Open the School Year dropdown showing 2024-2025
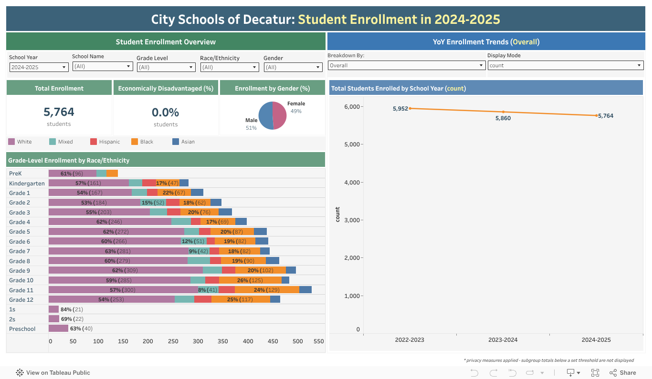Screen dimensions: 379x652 [39, 67]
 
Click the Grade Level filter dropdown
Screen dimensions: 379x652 [166, 67]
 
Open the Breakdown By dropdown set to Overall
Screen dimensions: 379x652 [406, 65]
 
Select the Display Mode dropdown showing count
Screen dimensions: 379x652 [565, 65]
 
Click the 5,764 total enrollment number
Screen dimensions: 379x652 [59, 112]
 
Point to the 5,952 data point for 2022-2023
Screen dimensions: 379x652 [410, 108]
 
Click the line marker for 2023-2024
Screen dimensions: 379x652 [503, 112]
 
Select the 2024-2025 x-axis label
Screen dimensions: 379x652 [596, 340]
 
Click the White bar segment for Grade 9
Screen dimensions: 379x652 [126, 270]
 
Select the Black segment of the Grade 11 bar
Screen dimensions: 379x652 [267, 290]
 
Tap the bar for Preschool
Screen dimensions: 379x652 [58, 328]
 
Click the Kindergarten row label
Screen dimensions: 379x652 [27, 184]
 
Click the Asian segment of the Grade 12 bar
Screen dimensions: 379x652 [275, 299]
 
